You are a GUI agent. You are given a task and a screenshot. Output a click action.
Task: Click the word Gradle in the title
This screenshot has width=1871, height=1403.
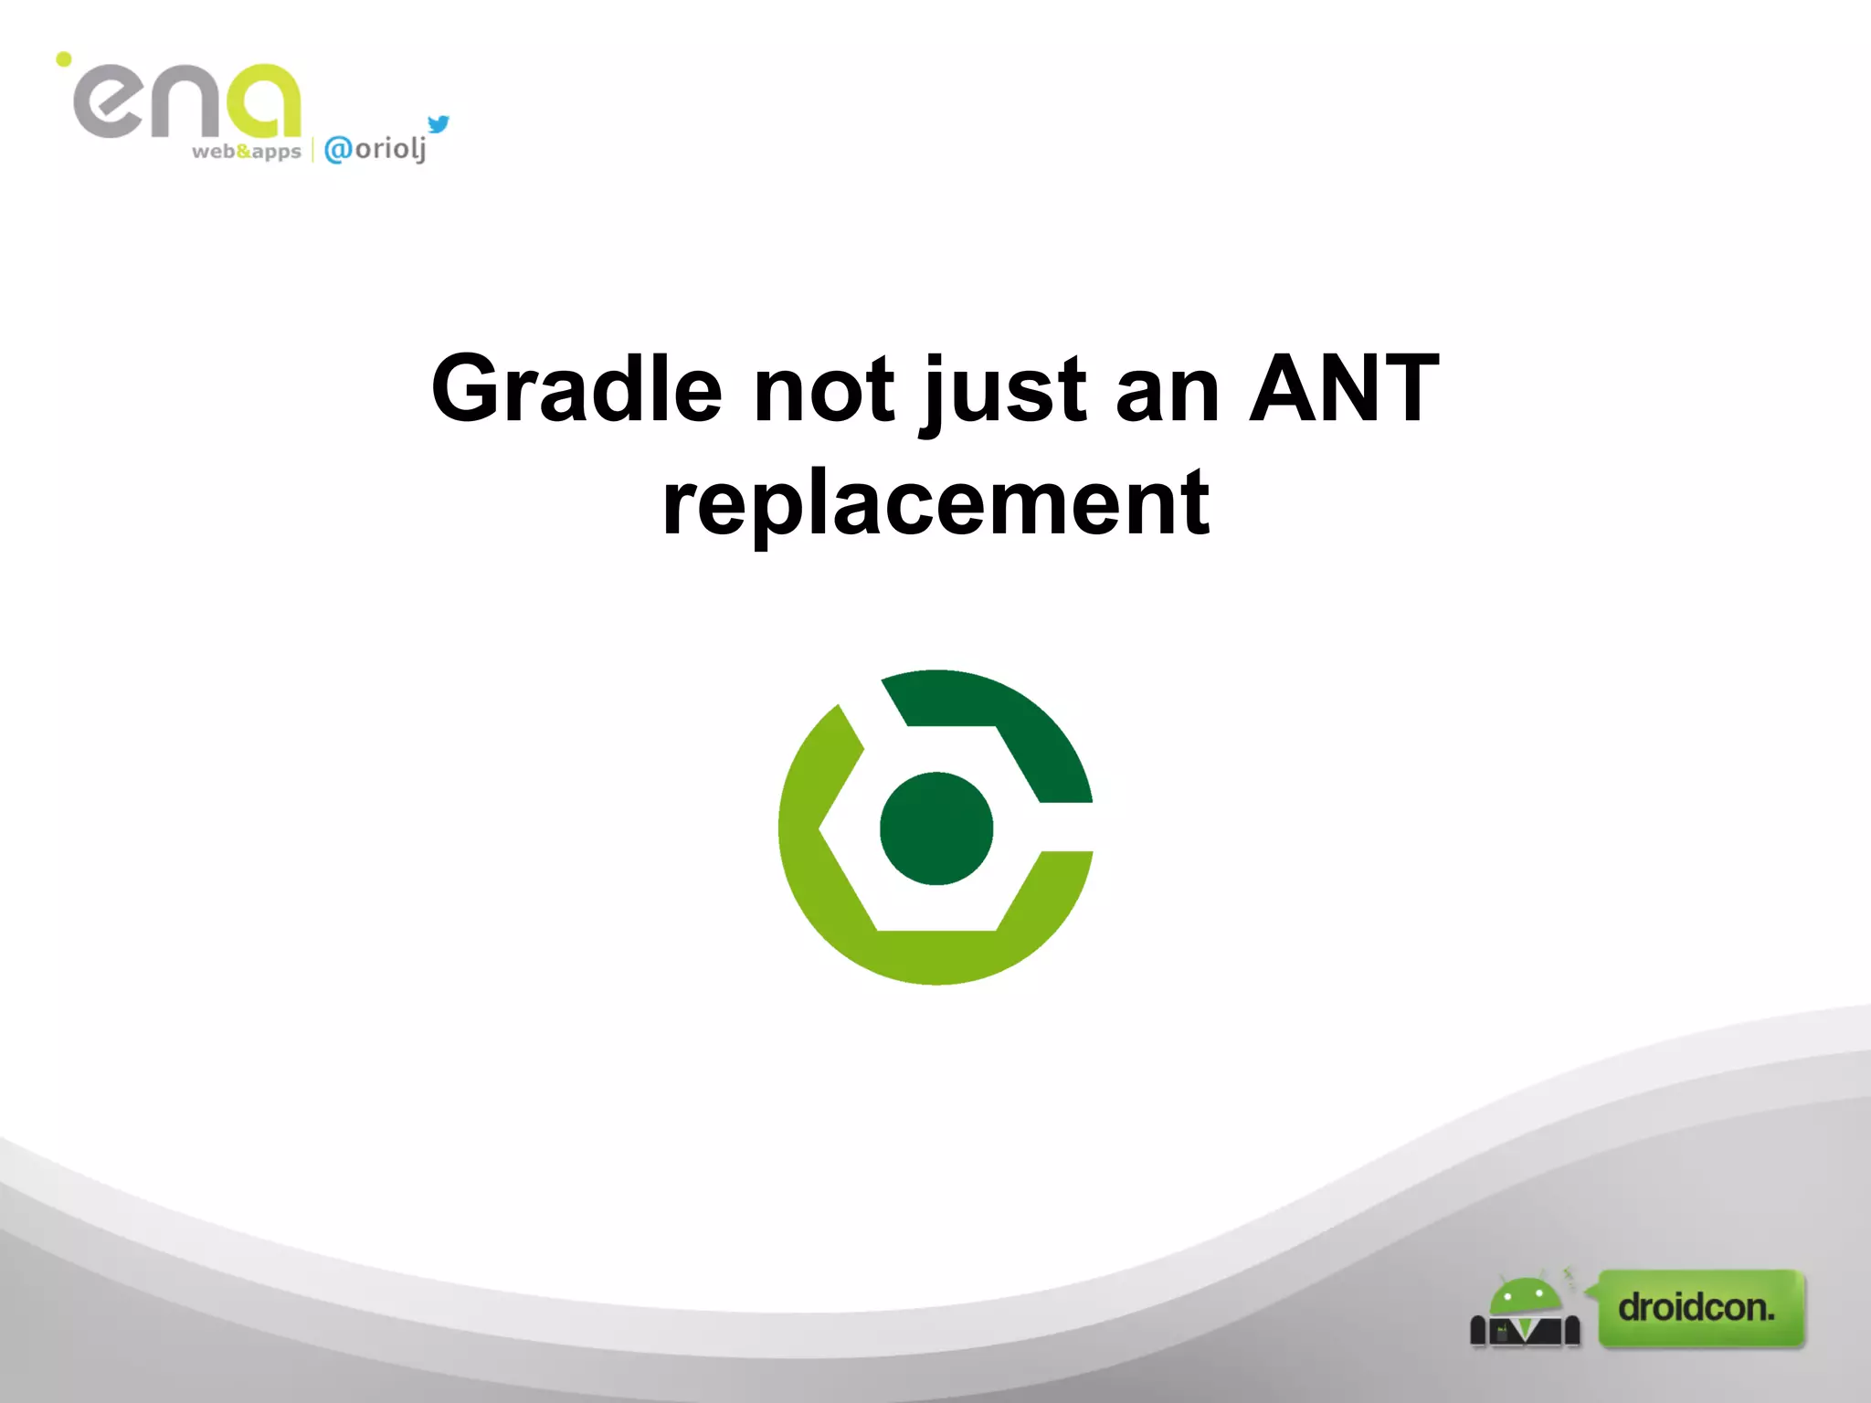click(x=576, y=389)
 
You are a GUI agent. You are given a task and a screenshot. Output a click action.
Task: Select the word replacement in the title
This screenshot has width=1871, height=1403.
click(x=935, y=502)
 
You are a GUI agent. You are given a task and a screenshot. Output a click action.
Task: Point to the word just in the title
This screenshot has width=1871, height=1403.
click(x=1003, y=393)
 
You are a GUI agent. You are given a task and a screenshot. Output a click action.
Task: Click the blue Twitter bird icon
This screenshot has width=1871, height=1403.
click(x=439, y=123)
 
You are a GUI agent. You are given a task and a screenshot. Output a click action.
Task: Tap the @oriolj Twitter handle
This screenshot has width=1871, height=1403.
click(x=375, y=149)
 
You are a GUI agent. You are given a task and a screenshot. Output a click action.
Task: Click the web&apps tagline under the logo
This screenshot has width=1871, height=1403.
click(x=246, y=152)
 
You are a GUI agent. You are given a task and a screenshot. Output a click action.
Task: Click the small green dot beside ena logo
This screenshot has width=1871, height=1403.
click(x=64, y=59)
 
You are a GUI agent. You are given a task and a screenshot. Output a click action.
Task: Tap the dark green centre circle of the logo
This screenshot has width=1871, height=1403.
click(x=935, y=828)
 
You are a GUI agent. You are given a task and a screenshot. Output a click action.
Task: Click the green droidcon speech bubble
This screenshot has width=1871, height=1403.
click(x=1700, y=1308)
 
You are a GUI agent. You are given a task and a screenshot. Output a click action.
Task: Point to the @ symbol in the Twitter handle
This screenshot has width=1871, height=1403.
click(x=338, y=149)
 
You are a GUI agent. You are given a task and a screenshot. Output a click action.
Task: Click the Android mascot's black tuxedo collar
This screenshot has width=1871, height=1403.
click(x=1525, y=1332)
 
